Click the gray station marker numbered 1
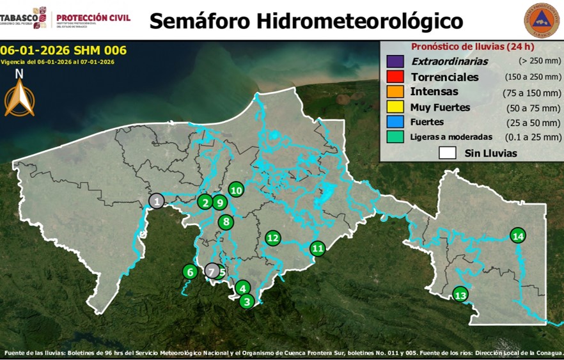[x=156, y=201]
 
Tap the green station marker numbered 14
[x=518, y=236]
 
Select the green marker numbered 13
[x=460, y=295]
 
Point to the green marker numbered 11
[x=318, y=248]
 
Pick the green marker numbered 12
[x=273, y=238]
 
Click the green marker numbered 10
[x=236, y=190]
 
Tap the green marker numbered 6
[x=189, y=272]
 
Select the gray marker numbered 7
[x=212, y=271]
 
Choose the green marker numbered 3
[x=247, y=301]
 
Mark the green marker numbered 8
[x=226, y=223]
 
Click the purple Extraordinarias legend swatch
[x=395, y=61]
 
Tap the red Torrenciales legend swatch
[x=395, y=77]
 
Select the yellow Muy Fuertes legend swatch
[x=395, y=107]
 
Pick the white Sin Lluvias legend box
[x=448, y=153]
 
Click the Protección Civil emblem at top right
[x=541, y=20]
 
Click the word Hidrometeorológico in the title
[x=360, y=21]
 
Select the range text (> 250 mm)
[x=540, y=61]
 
